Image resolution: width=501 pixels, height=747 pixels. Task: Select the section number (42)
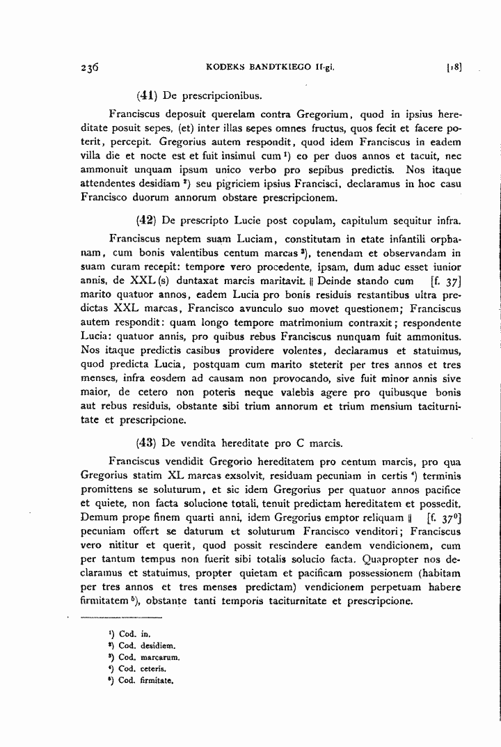pos(147,221)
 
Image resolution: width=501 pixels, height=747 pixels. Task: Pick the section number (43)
pos(147,441)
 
